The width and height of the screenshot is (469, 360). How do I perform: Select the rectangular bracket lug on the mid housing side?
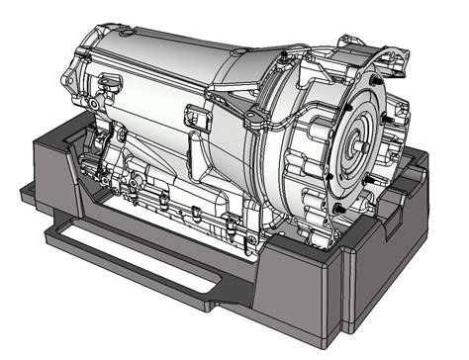click(199, 118)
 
